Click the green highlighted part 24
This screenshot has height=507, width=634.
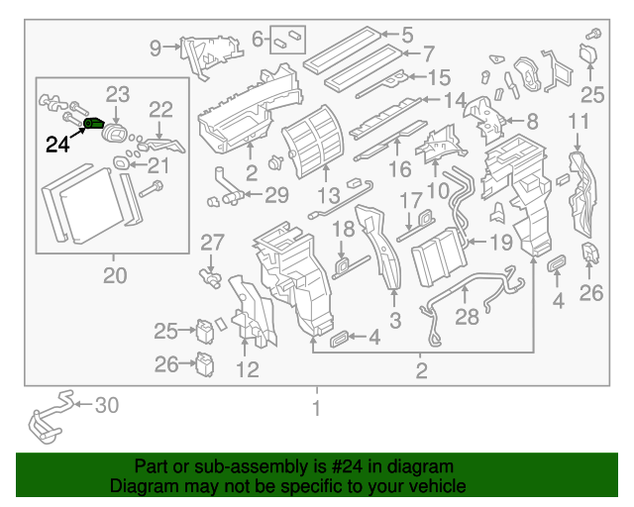coord(94,124)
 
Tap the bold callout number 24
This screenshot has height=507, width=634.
coord(57,145)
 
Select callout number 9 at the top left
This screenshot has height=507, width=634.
coord(156,47)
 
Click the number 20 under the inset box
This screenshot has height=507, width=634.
coord(115,276)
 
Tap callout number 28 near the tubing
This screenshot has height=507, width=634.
coord(466,317)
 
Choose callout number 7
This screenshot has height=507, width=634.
coord(428,53)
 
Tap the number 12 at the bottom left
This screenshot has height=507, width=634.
coord(247,370)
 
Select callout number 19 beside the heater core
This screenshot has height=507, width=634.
coord(502,241)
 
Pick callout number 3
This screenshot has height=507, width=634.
coord(394,319)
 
